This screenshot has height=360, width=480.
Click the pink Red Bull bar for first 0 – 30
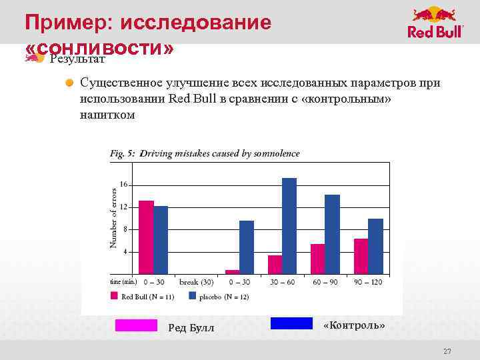[x=146, y=237]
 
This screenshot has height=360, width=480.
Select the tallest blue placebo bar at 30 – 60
[x=289, y=225]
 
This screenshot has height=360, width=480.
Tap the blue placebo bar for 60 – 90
[x=332, y=234]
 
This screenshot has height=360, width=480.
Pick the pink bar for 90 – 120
[x=361, y=256]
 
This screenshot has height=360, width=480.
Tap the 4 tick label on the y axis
[x=125, y=252]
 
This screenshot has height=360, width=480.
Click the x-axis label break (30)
[x=196, y=282]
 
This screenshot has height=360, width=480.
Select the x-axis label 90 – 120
[x=368, y=282]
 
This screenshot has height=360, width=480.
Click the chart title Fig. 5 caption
[x=205, y=153]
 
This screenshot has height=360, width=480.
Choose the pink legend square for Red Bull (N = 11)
[x=115, y=295]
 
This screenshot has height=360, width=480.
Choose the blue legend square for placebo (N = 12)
[x=193, y=295]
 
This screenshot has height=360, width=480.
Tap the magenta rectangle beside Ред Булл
[x=136, y=325]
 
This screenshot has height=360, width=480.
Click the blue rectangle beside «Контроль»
[x=291, y=323]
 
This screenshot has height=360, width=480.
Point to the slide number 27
[x=447, y=351]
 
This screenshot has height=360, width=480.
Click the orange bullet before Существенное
[x=70, y=83]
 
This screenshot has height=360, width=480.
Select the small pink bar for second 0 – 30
[x=232, y=271]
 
